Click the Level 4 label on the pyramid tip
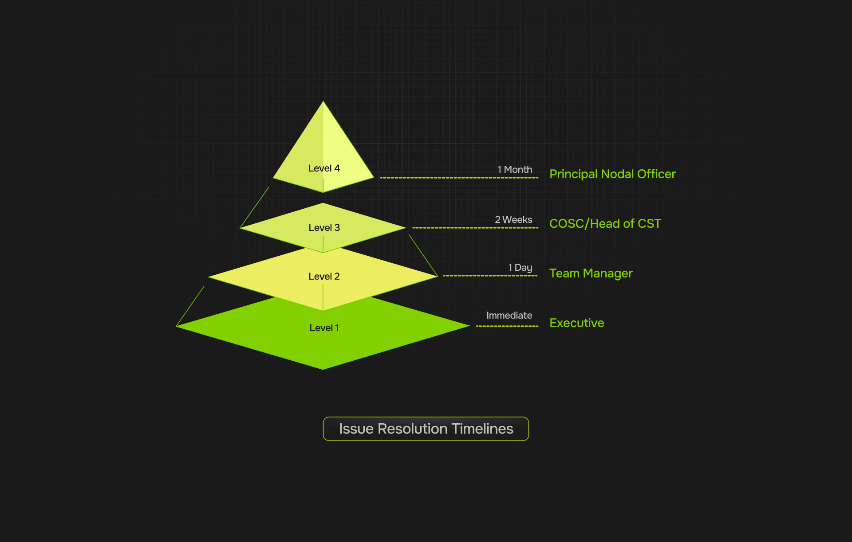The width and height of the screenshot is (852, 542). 324,168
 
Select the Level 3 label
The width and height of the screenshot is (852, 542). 324,228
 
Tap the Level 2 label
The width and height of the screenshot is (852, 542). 324,277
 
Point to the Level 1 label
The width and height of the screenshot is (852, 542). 324,328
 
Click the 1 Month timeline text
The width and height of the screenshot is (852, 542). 515,170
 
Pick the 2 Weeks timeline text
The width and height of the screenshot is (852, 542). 513,220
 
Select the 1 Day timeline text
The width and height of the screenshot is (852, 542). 520,268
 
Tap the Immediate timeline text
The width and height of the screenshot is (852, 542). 509,316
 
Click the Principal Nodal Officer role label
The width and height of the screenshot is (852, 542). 612,174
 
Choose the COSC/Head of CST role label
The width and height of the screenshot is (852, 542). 605,224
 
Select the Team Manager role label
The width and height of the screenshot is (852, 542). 591,273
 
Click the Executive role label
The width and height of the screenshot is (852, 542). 576,323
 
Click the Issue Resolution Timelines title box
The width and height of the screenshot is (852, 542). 426,429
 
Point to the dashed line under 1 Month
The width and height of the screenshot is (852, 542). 459,178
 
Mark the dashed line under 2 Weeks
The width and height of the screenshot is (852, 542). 475,228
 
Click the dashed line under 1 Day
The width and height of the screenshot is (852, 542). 490,276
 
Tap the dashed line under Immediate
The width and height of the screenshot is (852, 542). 507,326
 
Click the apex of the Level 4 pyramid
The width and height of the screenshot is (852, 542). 323,102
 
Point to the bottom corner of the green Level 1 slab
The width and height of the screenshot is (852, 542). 323,369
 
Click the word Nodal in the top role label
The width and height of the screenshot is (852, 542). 617,174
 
